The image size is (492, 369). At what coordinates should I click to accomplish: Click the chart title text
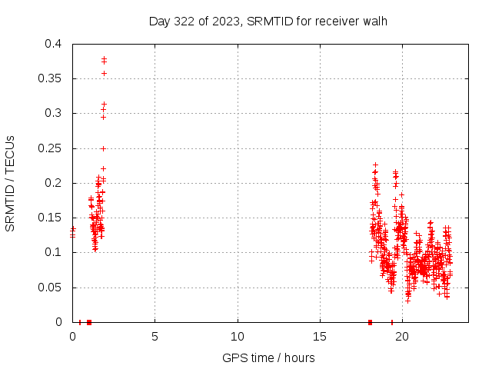coord(268,21)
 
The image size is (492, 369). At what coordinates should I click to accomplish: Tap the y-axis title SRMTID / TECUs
coord(11,183)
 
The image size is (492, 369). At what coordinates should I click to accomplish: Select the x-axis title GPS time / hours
coord(268,357)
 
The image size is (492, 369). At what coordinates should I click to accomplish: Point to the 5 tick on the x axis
coord(155,337)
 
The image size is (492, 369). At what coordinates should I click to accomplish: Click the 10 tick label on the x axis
coord(238,337)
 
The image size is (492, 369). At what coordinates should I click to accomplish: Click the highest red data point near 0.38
coord(104,58)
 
